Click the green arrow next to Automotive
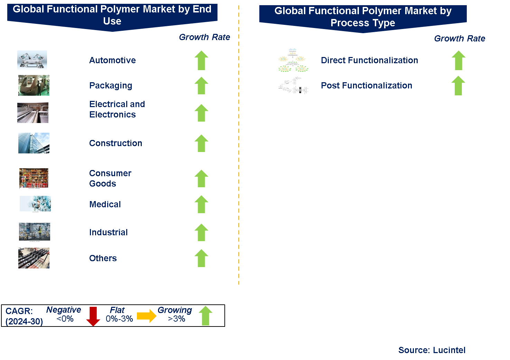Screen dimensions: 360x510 pyautogui.click(x=201, y=60)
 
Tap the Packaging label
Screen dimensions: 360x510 pyautogui.click(x=111, y=85)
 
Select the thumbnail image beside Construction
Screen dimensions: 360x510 pyautogui.click(x=34, y=143)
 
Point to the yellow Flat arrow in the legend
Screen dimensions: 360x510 pyautogui.click(x=147, y=316)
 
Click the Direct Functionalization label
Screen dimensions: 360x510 pyautogui.click(x=369, y=60)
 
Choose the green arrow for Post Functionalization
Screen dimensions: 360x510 pyautogui.click(x=458, y=85)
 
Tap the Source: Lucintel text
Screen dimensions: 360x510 pyautogui.click(x=432, y=350)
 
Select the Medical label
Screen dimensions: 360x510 pyautogui.click(x=105, y=204)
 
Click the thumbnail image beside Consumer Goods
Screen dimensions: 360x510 pyautogui.click(x=34, y=178)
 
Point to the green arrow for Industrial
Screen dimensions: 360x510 pyautogui.click(x=201, y=232)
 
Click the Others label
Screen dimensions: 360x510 pyautogui.click(x=103, y=258)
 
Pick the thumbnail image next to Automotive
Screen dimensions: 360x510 pyautogui.click(x=32, y=60)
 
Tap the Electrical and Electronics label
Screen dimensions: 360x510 pyautogui.click(x=117, y=109)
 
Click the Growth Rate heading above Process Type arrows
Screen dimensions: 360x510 pyautogui.click(x=460, y=38)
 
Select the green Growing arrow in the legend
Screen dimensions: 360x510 pyautogui.click(x=205, y=315)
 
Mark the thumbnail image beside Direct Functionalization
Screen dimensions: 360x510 pyautogui.click(x=293, y=60)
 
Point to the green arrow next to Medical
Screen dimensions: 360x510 pyautogui.click(x=201, y=204)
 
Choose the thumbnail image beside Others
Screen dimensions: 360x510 pyautogui.click(x=34, y=258)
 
